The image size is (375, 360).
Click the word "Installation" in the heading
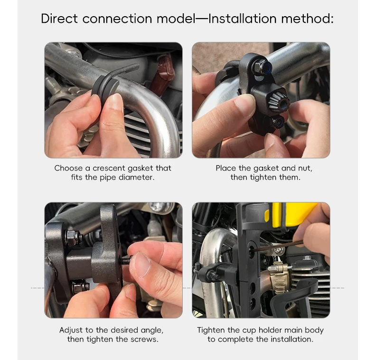(x=242, y=19)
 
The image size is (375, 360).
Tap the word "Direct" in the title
(x=59, y=19)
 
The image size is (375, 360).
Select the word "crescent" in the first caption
(x=109, y=168)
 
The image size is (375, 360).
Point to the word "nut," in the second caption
(x=305, y=168)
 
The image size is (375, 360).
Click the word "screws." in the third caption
(x=144, y=339)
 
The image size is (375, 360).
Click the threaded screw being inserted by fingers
(x=126, y=260)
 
